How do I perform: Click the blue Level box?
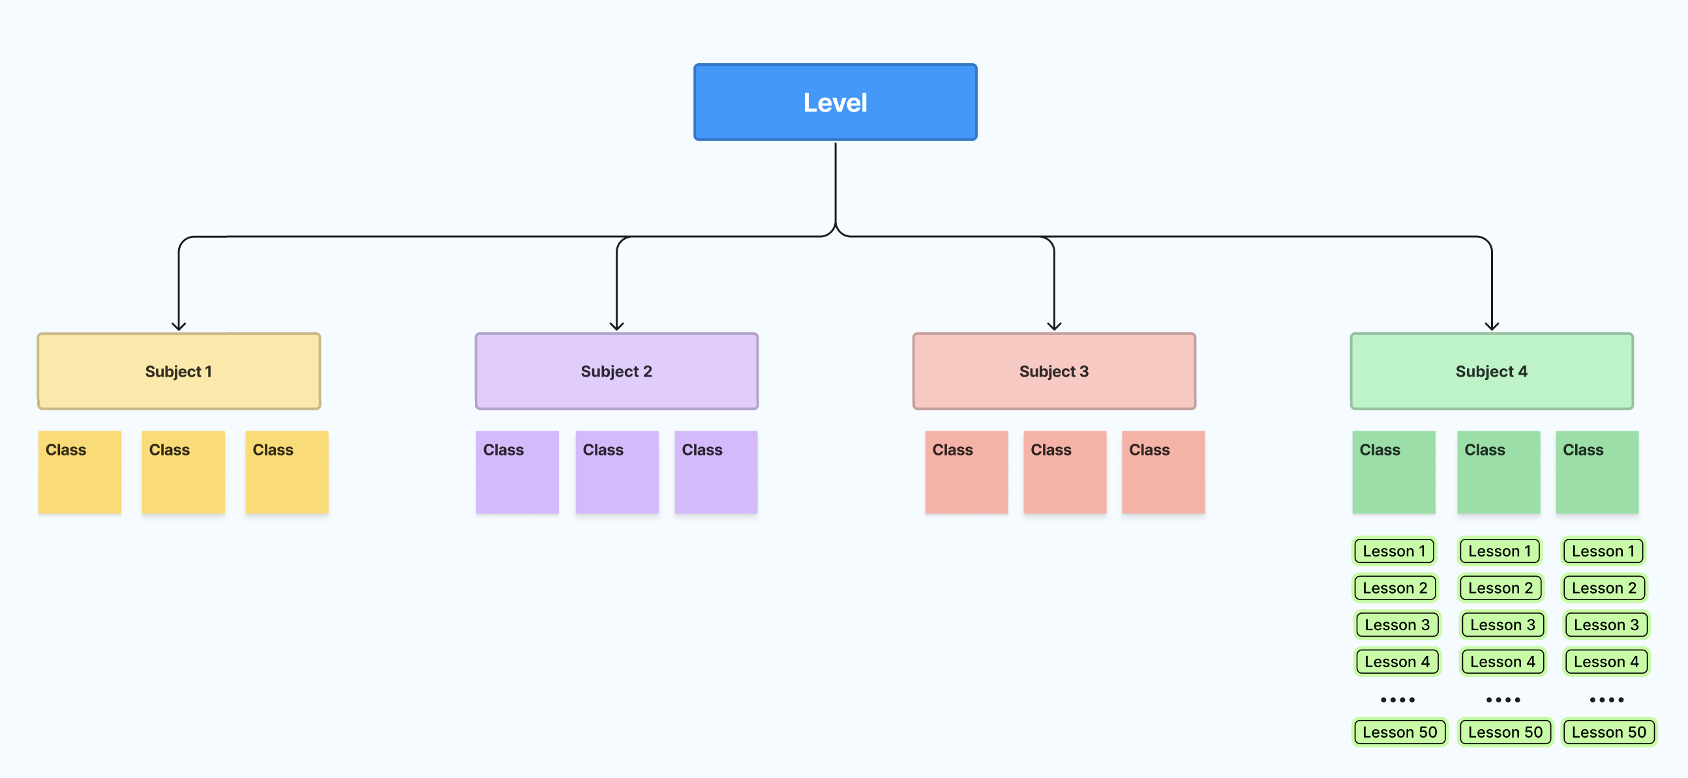pos(835,102)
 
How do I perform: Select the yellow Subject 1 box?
pos(179,371)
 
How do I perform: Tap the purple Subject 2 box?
pos(616,371)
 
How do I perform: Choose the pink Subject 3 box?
pos(1053,371)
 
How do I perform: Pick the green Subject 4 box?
pos(1492,371)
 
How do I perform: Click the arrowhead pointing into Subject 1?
pos(179,326)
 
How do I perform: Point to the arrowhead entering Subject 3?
pos(1053,326)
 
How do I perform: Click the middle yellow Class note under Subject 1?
pos(183,472)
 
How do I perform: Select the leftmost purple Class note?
pos(517,472)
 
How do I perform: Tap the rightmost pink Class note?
pos(1163,472)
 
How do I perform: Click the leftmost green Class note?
pos(1394,472)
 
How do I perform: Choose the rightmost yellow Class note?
pos(287,472)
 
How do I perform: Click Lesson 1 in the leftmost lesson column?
pos(1394,551)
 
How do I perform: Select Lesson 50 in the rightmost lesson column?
pos(1608,732)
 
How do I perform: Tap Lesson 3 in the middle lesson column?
pos(1502,625)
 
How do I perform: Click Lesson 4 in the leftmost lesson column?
pos(1397,661)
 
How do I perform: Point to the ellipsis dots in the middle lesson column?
pos(1503,699)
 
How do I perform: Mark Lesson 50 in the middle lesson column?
pos(1505,732)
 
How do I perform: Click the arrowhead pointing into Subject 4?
pos(1492,326)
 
